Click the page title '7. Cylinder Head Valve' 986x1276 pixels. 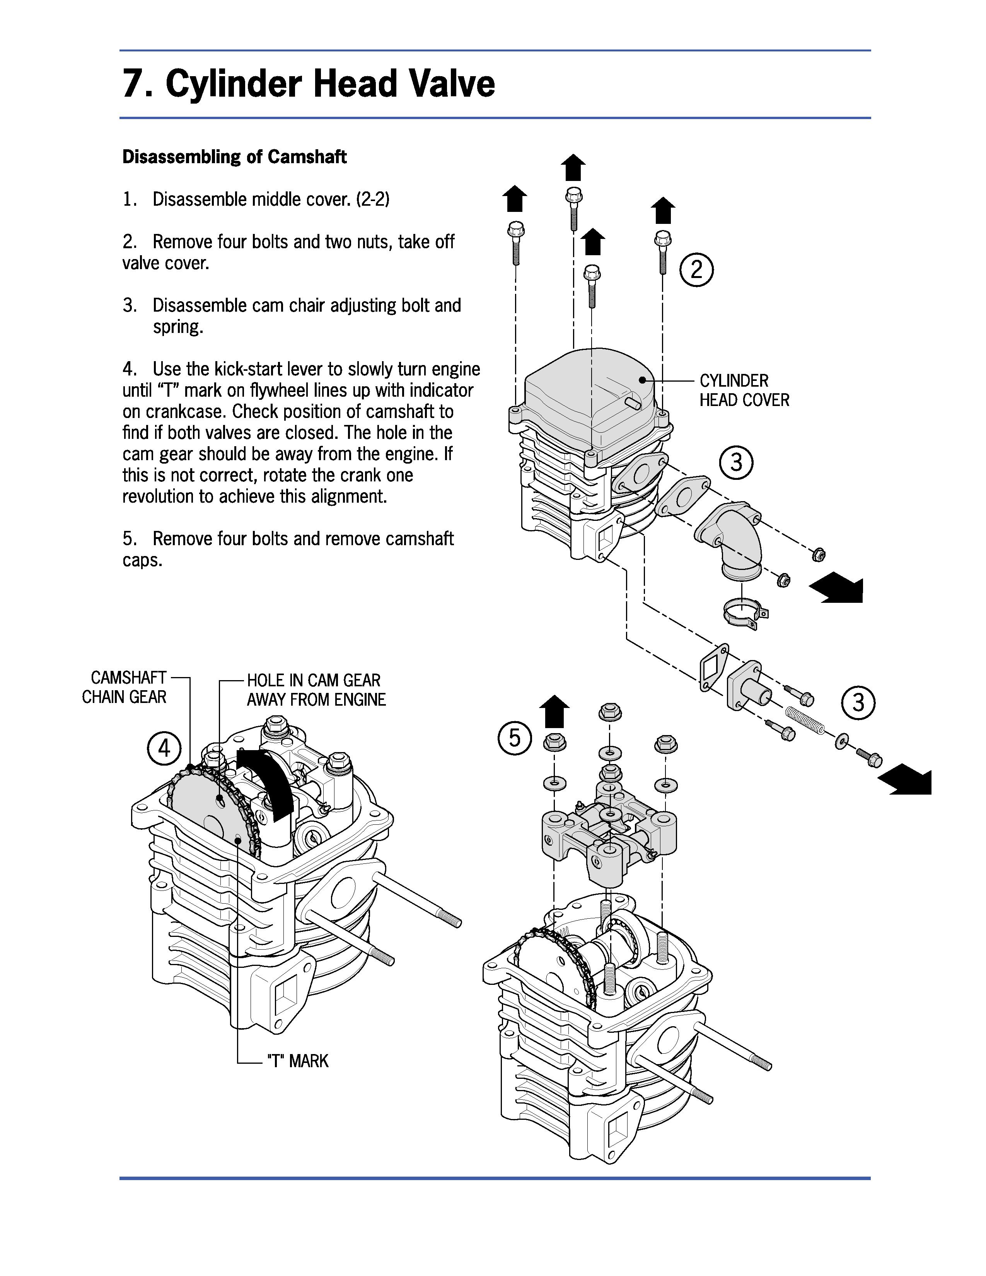pos(309,84)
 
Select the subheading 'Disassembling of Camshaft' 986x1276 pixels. pos(234,157)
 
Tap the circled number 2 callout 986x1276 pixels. pos(696,270)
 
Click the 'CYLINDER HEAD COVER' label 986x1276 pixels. pos(744,390)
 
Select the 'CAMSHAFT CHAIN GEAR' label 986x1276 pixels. pos(125,687)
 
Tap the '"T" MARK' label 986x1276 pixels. pos(297,1060)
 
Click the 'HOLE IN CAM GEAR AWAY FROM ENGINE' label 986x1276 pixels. pos(316,690)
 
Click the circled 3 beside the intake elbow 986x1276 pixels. pos(736,463)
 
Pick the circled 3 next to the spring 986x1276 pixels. pos(858,702)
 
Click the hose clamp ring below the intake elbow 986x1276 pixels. pos(744,614)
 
